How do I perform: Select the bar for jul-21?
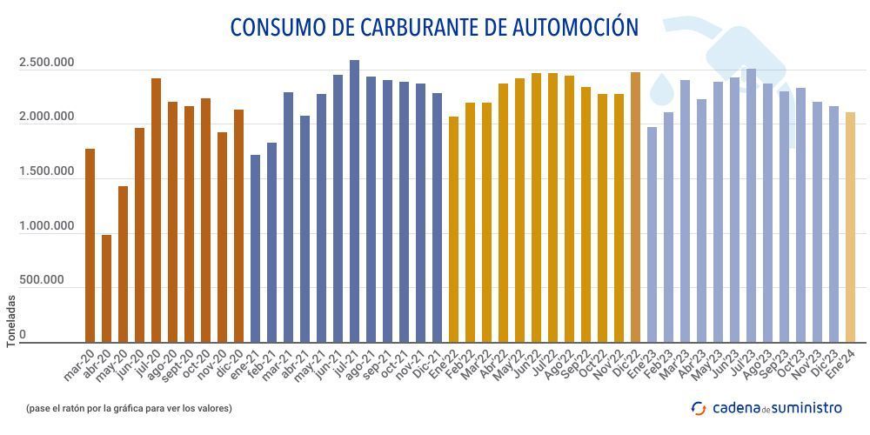click(354, 201)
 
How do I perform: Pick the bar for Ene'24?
click(850, 227)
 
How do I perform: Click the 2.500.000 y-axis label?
click(46, 63)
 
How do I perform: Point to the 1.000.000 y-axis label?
click(46, 226)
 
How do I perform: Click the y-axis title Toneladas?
click(11, 321)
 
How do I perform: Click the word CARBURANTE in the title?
click(416, 27)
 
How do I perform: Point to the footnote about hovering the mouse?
click(129, 407)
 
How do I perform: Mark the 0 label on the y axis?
click(23, 335)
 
